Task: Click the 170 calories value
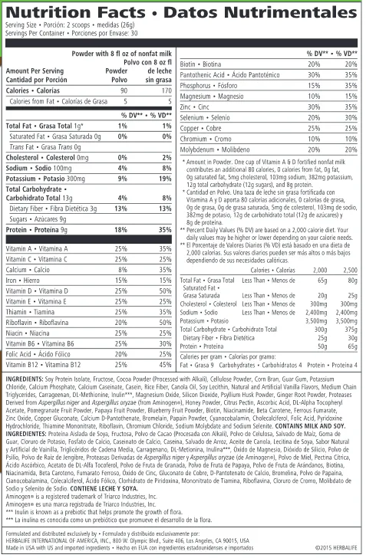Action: [162, 90]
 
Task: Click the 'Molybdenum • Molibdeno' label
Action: [213, 150]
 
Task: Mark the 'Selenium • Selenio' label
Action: [205, 119]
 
